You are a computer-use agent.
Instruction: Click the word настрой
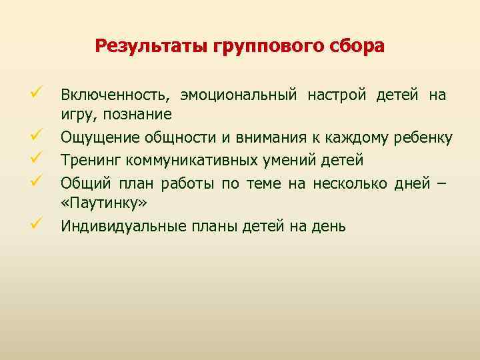pos(337,95)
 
